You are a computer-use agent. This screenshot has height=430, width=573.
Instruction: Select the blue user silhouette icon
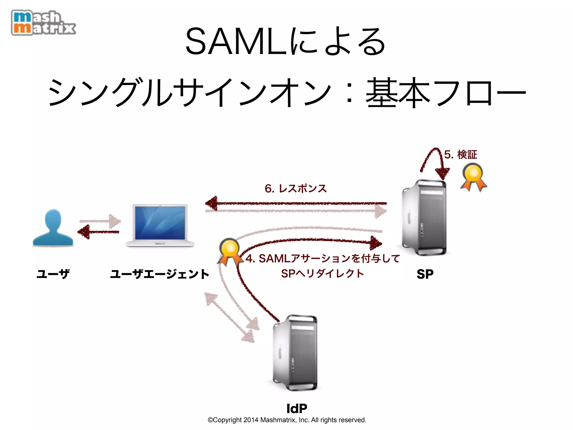(53, 228)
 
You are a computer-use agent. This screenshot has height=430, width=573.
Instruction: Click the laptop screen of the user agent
(160, 223)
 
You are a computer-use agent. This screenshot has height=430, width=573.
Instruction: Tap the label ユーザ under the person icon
(53, 274)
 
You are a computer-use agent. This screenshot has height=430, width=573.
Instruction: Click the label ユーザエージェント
(160, 274)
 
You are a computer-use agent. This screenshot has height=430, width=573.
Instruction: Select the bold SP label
(425, 274)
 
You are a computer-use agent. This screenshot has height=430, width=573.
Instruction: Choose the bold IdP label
(297, 408)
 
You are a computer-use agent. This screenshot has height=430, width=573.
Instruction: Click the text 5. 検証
(461, 155)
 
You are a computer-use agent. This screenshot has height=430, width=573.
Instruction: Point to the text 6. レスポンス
(296, 188)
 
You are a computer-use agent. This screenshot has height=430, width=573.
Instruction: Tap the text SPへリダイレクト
(322, 273)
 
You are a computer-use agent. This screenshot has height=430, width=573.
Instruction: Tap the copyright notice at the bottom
(287, 420)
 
